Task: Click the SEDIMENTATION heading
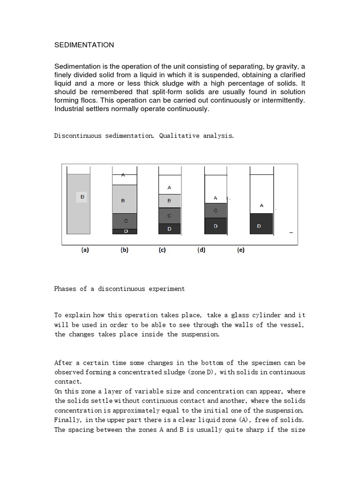coord(84,45)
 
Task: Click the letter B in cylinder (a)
coord(82,197)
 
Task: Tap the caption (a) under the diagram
coord(85,250)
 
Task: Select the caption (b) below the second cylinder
coord(124,250)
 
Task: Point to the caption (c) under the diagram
coord(162,250)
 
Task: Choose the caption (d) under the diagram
coord(201,250)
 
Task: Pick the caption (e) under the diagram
coord(240,250)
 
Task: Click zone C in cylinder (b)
coord(125,220)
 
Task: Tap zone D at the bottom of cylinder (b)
coord(125,231)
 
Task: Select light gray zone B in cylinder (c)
coord(169,201)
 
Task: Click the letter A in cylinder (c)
coord(169,187)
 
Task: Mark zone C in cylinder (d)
coord(216,210)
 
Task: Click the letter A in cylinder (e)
coord(262,205)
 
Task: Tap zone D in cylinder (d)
coord(216,226)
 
